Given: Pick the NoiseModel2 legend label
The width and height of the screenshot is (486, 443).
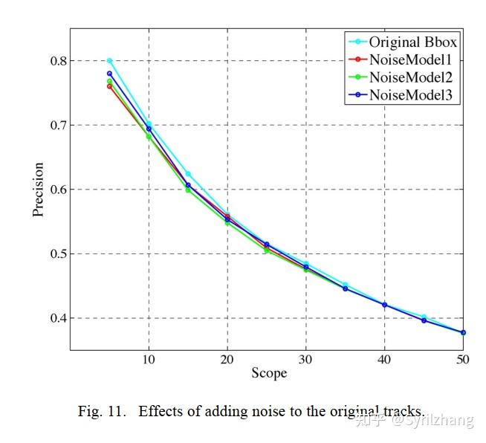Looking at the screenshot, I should (x=411, y=77).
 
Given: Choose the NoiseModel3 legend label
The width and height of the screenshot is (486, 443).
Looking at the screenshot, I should (x=411, y=94).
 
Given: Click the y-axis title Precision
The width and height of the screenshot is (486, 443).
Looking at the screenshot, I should (x=39, y=190).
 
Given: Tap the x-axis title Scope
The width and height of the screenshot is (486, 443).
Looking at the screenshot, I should (x=268, y=373).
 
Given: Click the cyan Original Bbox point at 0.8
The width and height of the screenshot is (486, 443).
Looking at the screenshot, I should (x=109, y=61).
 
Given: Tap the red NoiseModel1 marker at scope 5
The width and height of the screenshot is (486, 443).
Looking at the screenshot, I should (x=109, y=86).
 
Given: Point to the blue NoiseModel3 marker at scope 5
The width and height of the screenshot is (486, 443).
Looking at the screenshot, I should (x=109, y=74).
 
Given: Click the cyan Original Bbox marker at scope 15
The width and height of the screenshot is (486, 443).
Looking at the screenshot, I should (x=188, y=174).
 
